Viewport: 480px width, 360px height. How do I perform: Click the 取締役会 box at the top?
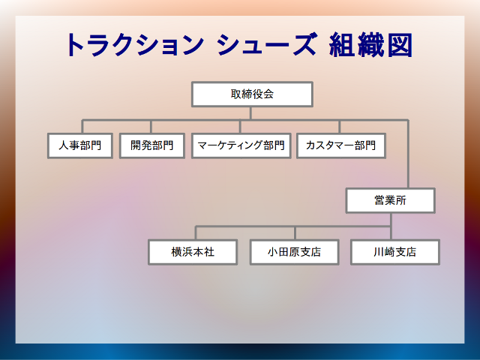coord(252,94)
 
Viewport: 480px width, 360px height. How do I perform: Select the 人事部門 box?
coord(80,145)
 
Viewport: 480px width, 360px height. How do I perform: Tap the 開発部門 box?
coord(151,145)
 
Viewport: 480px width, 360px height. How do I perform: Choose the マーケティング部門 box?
coord(241,145)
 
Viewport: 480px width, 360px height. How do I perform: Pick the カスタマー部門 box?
coord(341,145)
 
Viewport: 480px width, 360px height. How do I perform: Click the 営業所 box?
coord(390,200)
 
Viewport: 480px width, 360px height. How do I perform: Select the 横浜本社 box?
coord(193,252)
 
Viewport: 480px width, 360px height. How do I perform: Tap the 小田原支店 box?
coord(295,252)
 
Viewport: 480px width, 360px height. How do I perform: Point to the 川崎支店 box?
coord(395,252)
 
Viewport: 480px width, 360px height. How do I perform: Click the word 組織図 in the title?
coord(370,45)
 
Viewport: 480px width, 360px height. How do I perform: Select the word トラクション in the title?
coord(135,45)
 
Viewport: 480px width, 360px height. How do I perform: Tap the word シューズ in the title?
coord(266,45)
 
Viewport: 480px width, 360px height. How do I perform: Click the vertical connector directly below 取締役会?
coord(250,113)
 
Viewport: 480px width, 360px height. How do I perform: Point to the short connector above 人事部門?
coord(82,127)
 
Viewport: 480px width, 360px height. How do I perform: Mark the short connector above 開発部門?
coord(151,127)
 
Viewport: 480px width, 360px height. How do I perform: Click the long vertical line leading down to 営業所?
coord(408,154)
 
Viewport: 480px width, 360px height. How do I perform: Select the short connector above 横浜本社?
coord(196,233)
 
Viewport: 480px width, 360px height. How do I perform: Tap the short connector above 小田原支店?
coord(295,233)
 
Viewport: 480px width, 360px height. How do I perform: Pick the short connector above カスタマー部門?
coord(340,127)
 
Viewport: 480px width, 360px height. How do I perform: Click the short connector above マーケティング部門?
coord(240,127)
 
